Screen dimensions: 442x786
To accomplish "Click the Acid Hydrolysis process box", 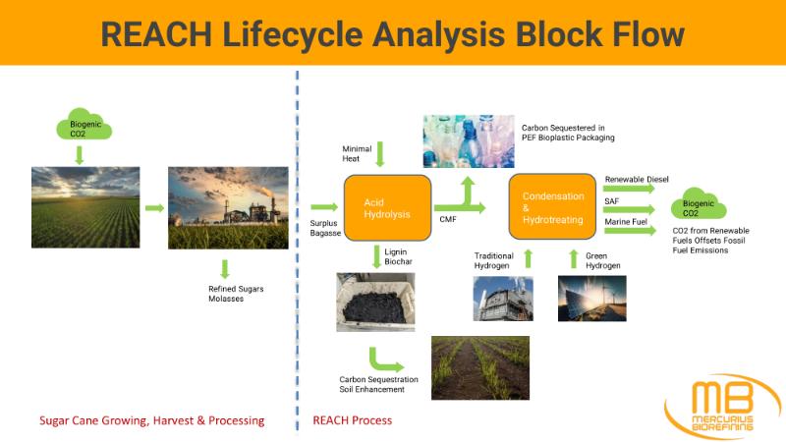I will [387, 207].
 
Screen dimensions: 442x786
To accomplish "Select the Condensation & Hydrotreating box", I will [552, 206].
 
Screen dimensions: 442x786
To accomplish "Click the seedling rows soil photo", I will [480, 367].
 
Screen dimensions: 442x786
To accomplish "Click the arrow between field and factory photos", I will [153, 207].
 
